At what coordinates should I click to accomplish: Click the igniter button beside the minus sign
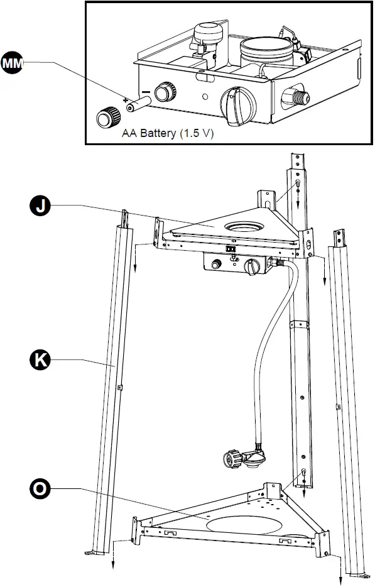coord(165,92)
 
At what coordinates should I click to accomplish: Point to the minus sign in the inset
coord(145,92)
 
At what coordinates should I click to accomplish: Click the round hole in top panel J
coord(242,226)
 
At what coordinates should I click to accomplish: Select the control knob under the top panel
coord(253,267)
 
